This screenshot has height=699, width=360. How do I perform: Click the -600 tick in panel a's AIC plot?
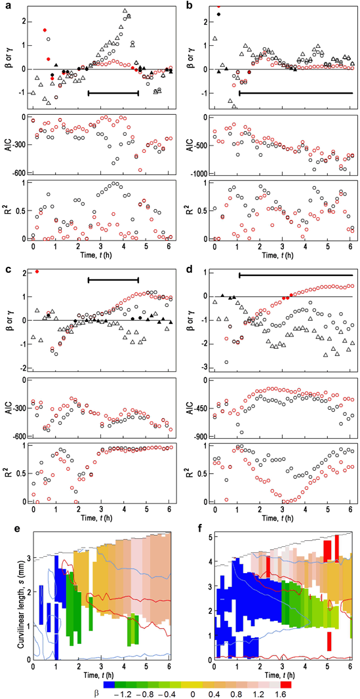[18, 173]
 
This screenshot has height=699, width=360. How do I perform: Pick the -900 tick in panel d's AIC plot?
[199, 437]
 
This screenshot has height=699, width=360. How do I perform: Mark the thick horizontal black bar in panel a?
[113, 93]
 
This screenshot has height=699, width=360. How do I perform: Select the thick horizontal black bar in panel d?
[296, 275]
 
